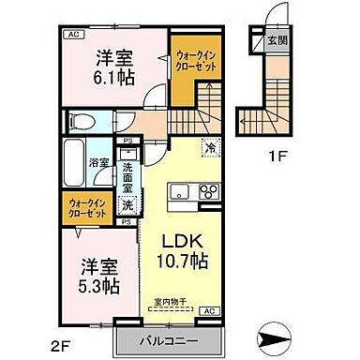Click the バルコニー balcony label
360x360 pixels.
[166, 338]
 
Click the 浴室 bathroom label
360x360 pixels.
[98, 161]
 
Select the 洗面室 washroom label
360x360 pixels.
[129, 176]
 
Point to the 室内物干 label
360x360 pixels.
[172, 301]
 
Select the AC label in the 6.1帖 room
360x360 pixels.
[72, 36]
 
